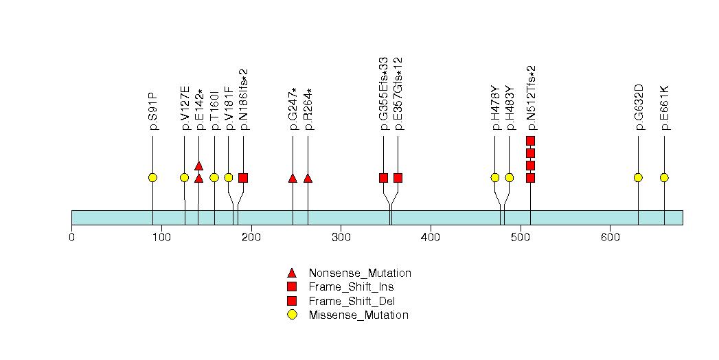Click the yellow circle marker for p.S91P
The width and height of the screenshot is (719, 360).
(x=152, y=178)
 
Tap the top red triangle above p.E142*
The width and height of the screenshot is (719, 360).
(x=198, y=166)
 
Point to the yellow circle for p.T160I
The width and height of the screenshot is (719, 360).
(x=214, y=178)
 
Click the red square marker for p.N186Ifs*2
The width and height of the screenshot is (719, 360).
(x=243, y=178)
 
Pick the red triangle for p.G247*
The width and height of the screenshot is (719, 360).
(x=293, y=178)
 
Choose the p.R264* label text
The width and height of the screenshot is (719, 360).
(x=308, y=109)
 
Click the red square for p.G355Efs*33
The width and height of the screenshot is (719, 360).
(x=383, y=178)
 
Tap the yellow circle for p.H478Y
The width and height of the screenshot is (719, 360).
(x=495, y=178)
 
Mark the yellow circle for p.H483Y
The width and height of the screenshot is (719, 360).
(x=510, y=178)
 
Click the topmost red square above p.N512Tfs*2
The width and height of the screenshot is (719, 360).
(x=530, y=141)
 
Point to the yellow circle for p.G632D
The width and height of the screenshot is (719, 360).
(x=638, y=178)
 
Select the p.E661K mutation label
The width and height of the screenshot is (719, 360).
(x=664, y=108)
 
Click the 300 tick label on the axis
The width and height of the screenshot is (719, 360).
(x=341, y=238)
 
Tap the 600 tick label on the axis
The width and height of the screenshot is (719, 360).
(x=610, y=238)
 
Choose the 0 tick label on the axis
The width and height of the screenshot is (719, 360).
(x=71, y=238)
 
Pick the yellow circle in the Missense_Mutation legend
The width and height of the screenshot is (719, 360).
(x=292, y=315)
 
